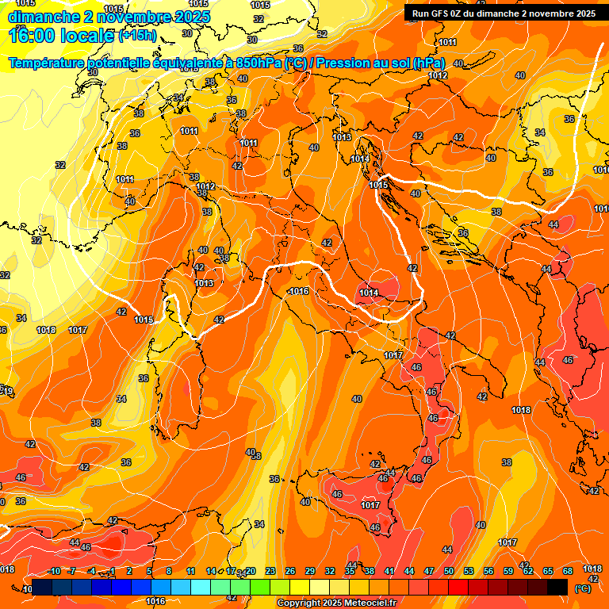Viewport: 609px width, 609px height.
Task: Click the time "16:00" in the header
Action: tap(33, 35)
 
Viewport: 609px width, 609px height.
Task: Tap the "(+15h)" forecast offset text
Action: tap(138, 36)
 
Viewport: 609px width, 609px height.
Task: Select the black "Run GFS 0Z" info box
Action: tap(504, 13)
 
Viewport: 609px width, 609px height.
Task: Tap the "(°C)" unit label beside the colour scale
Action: tap(582, 588)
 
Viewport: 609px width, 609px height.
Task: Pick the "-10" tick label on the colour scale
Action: tap(54, 571)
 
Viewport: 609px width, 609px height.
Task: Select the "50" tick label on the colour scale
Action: tap(449, 571)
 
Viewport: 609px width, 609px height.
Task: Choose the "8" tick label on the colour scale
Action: tap(169, 571)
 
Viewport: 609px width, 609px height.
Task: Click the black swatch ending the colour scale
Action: tap(557, 587)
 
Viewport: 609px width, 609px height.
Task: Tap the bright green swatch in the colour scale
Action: tap(260, 587)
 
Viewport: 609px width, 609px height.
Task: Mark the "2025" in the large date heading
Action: tap(188, 17)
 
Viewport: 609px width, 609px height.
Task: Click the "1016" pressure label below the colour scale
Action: tap(155, 601)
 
